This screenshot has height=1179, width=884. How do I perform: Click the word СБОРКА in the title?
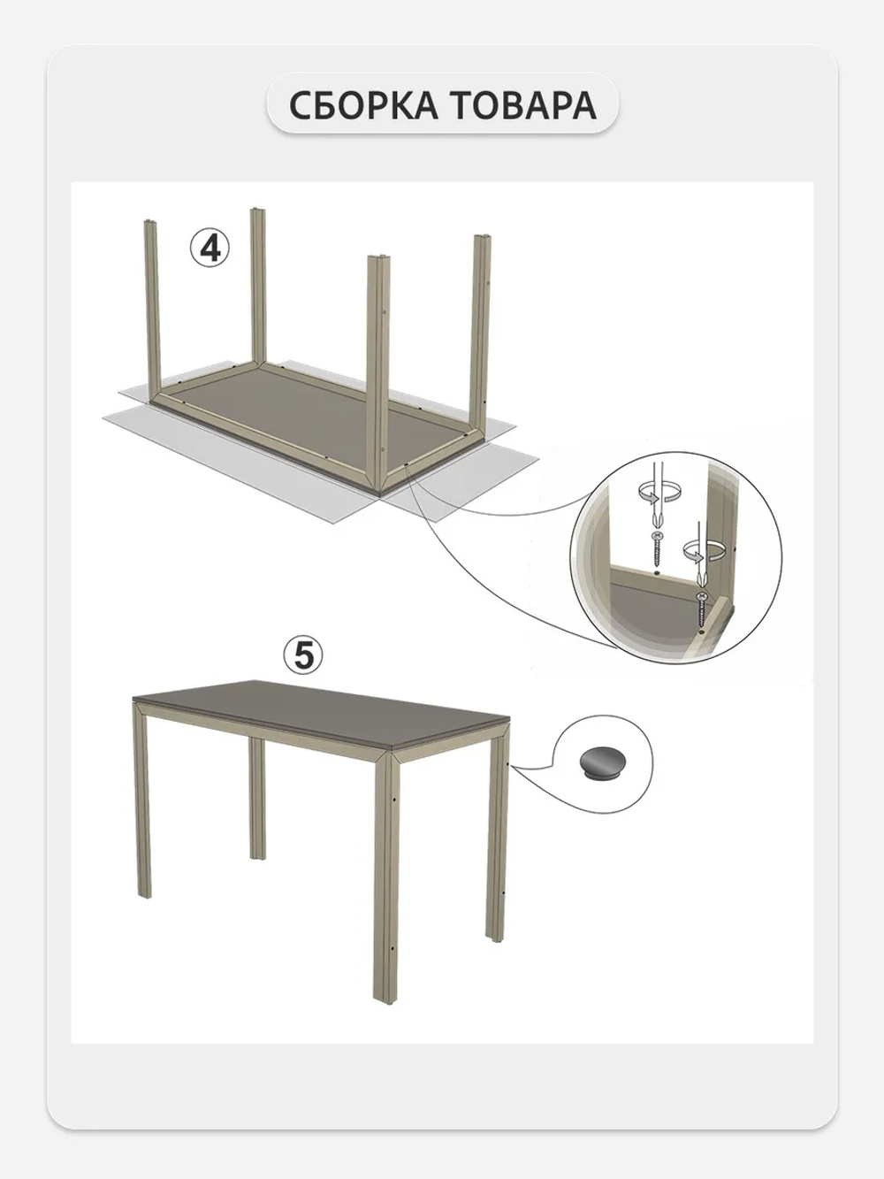click(x=363, y=105)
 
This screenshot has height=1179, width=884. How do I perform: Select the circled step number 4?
click(x=210, y=249)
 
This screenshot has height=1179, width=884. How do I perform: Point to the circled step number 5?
click(x=303, y=655)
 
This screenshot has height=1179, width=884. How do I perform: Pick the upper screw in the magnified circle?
click(x=657, y=547)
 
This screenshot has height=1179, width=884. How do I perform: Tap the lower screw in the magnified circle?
click(x=700, y=609)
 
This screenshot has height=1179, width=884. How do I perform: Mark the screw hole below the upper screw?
click(x=657, y=573)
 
